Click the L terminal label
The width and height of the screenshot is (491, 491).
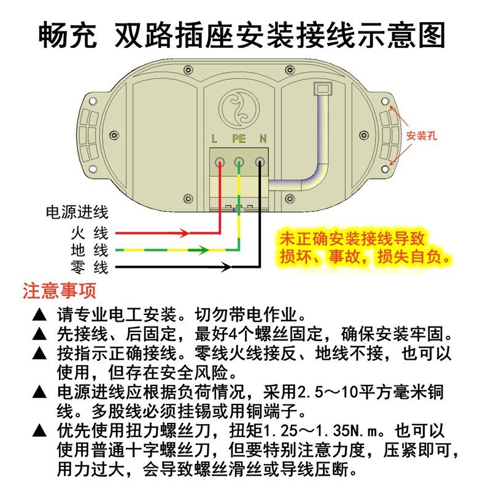click(x=214, y=139)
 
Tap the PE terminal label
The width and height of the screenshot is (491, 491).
click(x=239, y=139)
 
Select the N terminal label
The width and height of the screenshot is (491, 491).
click(x=263, y=139)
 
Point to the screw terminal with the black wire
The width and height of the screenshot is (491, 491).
click(x=260, y=163)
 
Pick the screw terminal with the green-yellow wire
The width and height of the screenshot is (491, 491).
click(x=239, y=163)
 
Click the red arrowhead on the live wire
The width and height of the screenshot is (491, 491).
click(x=184, y=233)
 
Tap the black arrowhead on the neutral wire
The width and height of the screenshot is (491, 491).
click(x=226, y=267)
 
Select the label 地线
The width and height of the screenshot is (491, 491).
click(x=90, y=250)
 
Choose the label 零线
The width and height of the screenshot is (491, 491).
click(x=90, y=268)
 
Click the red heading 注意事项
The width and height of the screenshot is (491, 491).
click(x=59, y=290)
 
